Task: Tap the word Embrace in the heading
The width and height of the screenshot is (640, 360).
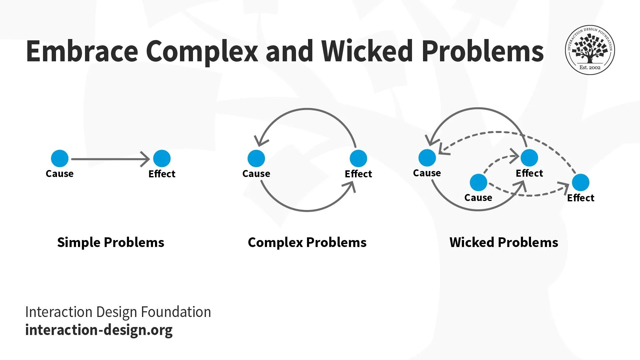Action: coord(82,51)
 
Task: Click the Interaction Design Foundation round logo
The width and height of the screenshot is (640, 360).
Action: coord(590,50)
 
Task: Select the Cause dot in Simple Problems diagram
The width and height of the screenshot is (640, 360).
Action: coord(60,158)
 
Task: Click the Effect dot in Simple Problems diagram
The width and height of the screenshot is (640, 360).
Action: coord(162,158)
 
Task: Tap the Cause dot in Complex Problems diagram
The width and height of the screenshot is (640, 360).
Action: coord(256,158)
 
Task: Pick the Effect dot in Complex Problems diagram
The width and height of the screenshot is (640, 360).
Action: coord(358,158)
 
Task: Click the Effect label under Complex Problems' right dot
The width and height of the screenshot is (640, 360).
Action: coord(358,174)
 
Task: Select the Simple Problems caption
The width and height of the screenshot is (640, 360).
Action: coord(111,242)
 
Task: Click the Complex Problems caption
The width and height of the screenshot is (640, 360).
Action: coord(307,242)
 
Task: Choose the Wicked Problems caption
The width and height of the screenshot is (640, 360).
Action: coord(504,242)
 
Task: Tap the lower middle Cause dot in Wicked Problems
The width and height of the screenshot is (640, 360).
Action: coord(478,182)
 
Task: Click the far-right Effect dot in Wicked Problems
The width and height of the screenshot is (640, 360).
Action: coord(580,182)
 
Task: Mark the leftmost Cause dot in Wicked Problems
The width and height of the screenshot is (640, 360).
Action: coord(427,158)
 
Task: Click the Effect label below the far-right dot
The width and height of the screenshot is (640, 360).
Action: coord(580,198)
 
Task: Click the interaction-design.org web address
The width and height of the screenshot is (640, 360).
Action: coord(99,330)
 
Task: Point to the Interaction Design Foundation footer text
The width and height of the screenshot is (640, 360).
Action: coord(118,312)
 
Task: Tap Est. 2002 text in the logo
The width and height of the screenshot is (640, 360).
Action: coord(590,67)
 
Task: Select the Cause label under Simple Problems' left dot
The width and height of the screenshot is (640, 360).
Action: coord(60,174)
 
